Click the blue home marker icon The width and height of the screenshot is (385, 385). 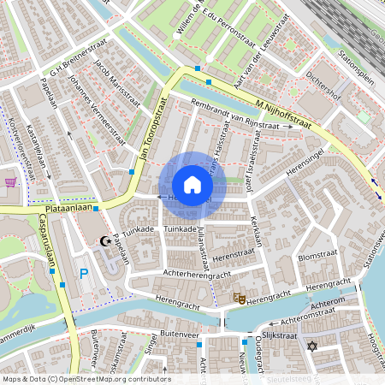pyautogui.click(x=192, y=185)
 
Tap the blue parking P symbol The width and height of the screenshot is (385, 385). pyautogui.click(x=83, y=274)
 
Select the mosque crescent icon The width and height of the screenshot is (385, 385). pyautogui.click(x=106, y=242)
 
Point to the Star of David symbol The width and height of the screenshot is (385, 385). pyautogui.click(x=312, y=346)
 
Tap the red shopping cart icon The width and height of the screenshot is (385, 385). pyautogui.click(x=10, y=181)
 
